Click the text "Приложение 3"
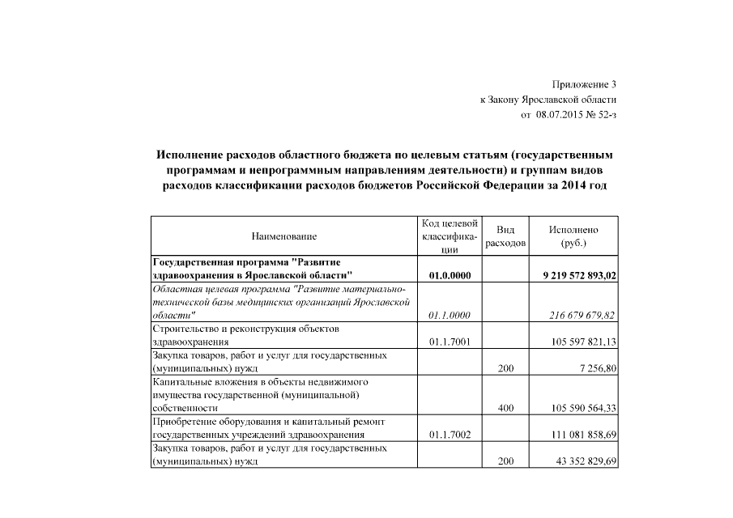click(x=584, y=83)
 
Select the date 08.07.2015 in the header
click(x=559, y=115)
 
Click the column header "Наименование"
click(x=284, y=236)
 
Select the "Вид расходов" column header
click(x=505, y=236)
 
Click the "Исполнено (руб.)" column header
click(x=573, y=236)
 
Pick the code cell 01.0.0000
click(x=450, y=275)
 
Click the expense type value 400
click(x=505, y=408)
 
